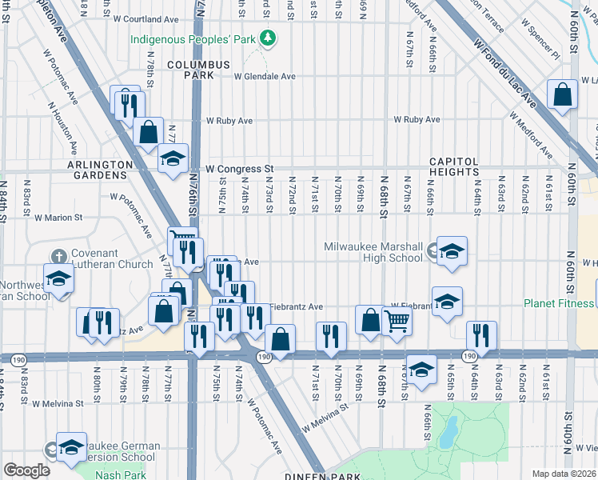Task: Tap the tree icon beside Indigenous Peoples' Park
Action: coord(270,38)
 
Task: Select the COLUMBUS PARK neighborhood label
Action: coord(198,70)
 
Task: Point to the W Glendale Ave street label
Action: coord(265,77)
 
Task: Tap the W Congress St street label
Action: coord(239,170)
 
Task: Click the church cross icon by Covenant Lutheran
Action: coord(58,256)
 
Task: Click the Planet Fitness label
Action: coord(559,303)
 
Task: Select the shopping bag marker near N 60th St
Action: coord(563,94)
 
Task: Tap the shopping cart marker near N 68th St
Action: coord(397,322)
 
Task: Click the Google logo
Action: coord(26,470)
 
